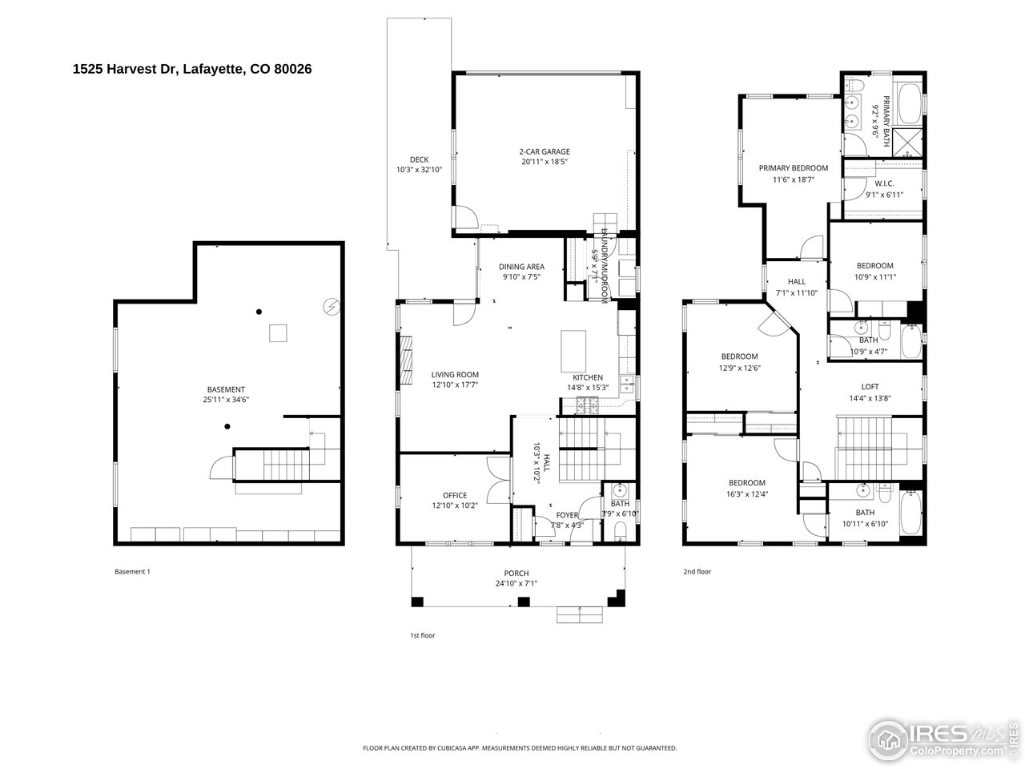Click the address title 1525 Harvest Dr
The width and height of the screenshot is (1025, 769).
[192, 70]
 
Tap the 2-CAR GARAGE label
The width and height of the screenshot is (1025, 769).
[545, 151]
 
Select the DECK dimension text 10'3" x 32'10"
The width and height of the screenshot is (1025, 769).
[419, 170]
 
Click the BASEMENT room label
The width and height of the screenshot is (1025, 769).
[226, 389]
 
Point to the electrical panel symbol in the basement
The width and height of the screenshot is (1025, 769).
[330, 306]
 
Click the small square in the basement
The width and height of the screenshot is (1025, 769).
[278, 332]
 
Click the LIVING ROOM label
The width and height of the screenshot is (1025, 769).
[455, 374]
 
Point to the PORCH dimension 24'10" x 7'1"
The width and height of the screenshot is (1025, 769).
[517, 583]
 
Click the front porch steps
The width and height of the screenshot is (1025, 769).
[581, 614]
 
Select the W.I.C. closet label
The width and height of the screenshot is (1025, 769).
[884, 183]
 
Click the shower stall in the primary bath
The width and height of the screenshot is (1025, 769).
[906, 143]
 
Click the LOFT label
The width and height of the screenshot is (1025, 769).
[870, 387]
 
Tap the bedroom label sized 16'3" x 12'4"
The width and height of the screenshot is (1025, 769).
[746, 483]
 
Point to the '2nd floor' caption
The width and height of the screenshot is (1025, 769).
[697, 572]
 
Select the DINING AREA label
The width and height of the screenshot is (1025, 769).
[522, 267]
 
